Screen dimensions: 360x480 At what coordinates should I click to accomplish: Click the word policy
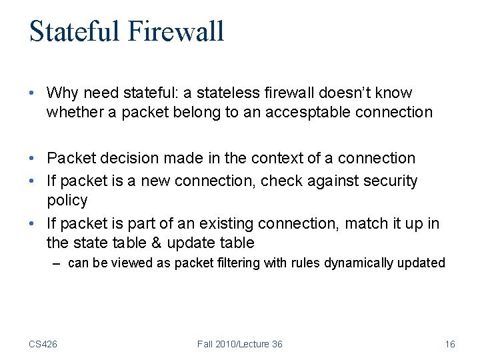point(67,200)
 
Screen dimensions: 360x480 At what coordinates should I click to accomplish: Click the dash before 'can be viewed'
point(58,263)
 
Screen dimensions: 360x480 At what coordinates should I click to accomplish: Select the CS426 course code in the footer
point(43,344)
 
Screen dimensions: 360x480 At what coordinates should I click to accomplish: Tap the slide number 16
point(449,344)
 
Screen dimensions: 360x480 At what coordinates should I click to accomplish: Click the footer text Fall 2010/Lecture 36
point(239,344)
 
